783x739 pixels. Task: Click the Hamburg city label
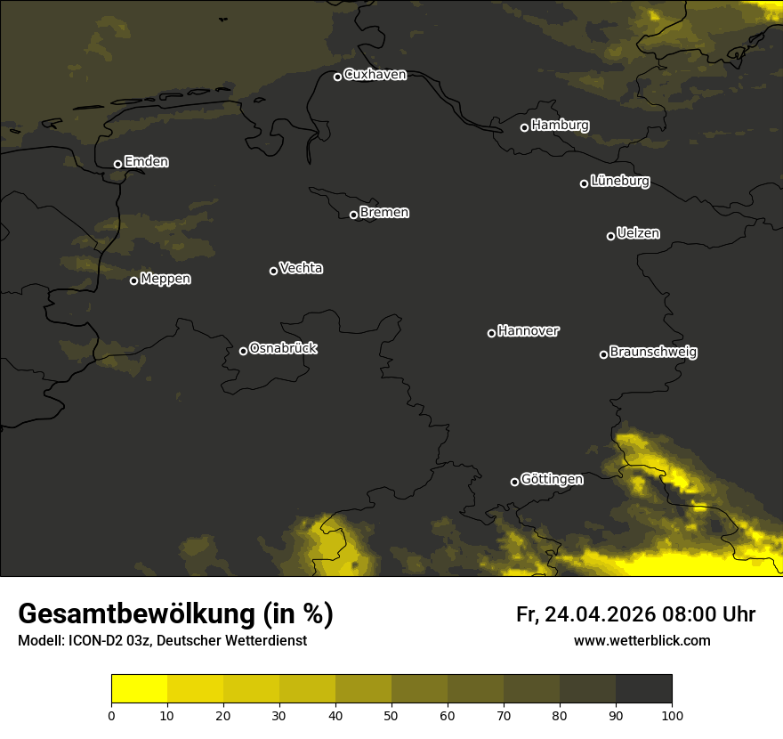[560, 126]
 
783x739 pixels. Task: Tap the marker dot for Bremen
[353, 215]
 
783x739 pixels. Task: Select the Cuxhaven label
[375, 75]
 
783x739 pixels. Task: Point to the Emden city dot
[117, 164]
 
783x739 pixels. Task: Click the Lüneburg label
[619, 182]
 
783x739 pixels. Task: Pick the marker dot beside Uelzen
[610, 236]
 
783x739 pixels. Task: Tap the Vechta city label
[301, 268]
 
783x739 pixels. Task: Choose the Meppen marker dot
[133, 280]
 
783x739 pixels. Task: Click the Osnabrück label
[283, 348]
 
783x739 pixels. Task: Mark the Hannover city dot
[491, 333]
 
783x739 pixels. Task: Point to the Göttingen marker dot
[514, 482]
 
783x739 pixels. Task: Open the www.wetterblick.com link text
[642, 641]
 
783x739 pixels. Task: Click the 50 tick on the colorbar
[391, 714]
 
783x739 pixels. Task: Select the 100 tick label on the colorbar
[672, 714]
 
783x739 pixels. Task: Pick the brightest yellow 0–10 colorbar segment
[139, 688]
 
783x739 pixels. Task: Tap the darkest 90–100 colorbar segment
[643, 688]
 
